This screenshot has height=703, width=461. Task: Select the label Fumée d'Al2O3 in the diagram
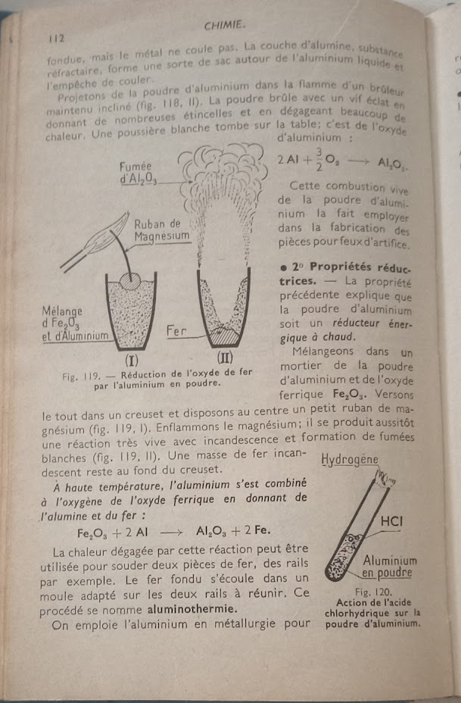137,172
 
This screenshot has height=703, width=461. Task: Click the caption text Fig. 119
82,374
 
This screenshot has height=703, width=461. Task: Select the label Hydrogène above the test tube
350,460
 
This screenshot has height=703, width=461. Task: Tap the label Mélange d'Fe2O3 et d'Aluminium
74,323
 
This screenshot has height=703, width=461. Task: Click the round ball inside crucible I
130,282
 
